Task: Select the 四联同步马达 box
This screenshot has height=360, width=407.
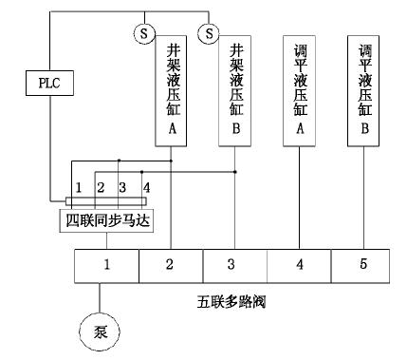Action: click(x=105, y=221)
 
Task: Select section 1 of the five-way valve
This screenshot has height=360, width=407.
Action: click(x=106, y=264)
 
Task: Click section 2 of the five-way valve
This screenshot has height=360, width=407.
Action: click(x=171, y=264)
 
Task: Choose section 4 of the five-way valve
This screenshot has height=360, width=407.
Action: click(x=300, y=264)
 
